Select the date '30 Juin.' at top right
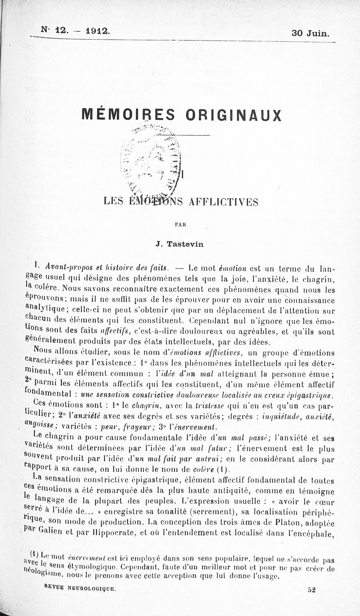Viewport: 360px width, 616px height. tap(310, 33)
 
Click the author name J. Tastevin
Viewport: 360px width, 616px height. tap(180, 244)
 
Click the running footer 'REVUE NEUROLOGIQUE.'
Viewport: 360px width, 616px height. tap(81, 587)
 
